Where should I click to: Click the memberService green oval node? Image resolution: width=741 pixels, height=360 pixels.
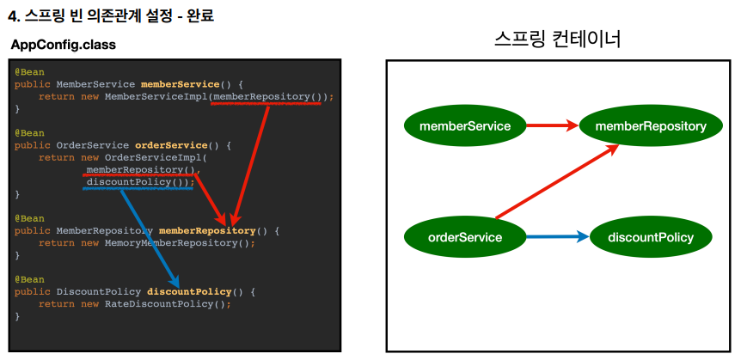click(464, 126)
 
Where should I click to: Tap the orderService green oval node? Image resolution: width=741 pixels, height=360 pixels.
click(464, 236)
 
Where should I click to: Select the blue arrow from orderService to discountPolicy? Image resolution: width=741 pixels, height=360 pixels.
click(557, 236)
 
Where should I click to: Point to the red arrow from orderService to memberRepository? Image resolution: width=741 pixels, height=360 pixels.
click(557, 182)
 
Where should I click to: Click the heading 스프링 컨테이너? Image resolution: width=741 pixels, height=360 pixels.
click(558, 39)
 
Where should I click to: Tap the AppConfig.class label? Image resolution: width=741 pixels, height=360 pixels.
click(64, 44)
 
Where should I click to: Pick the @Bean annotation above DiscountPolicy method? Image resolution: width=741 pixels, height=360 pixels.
click(29, 279)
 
